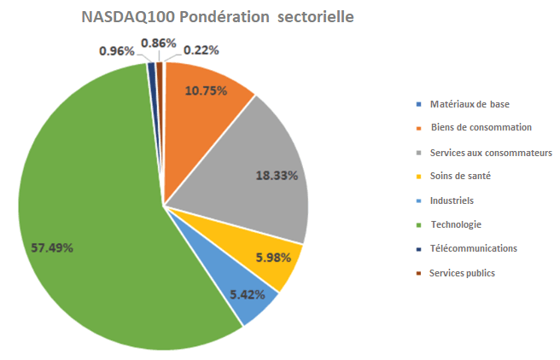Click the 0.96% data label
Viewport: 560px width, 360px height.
117,51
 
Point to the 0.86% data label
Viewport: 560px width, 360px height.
159,42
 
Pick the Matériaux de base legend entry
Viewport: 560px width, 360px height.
470,104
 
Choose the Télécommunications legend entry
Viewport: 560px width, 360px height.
474,248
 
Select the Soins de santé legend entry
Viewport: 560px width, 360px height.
460,176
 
